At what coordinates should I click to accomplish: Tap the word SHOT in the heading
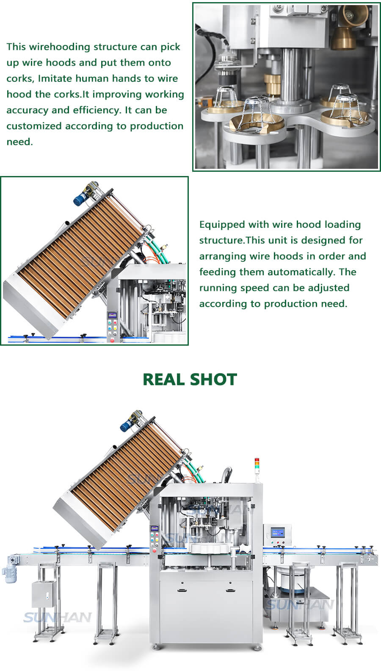click(213, 380)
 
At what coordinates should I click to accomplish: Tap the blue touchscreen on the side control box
click(277, 533)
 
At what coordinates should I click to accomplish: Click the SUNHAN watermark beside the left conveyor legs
click(57, 617)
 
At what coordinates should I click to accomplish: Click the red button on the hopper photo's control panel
click(113, 340)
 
